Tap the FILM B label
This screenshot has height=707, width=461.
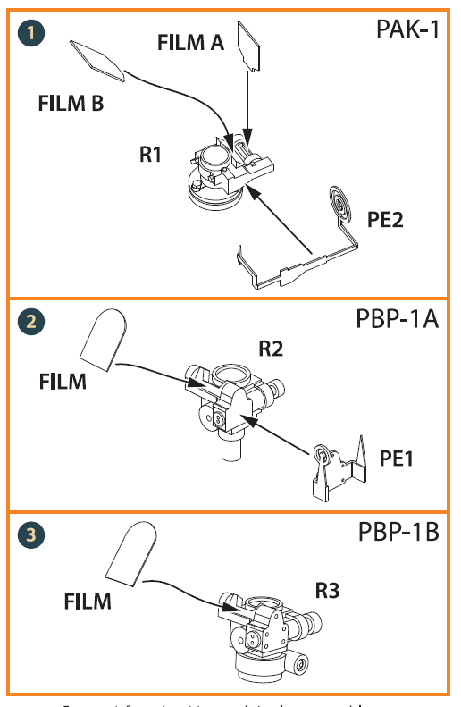point(71,103)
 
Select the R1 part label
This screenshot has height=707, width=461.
point(150,155)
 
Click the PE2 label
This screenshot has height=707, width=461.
point(384,219)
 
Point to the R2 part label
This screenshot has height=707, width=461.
point(270,349)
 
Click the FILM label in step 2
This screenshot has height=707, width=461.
point(63,382)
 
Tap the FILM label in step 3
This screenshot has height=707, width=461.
point(88,602)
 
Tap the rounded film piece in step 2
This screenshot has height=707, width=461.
point(103,339)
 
